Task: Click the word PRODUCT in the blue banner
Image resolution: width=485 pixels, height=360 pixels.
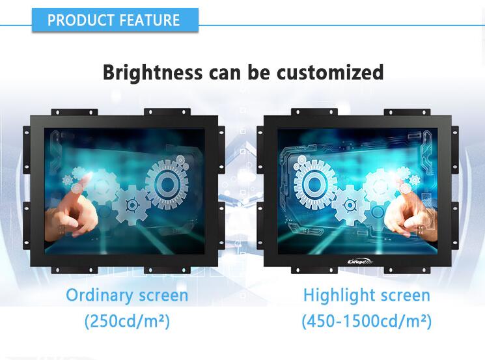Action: point(81,20)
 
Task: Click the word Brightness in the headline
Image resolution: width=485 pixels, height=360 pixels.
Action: point(152,73)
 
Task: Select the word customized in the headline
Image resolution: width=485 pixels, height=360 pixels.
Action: point(330,72)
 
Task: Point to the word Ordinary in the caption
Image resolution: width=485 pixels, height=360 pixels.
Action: point(100,295)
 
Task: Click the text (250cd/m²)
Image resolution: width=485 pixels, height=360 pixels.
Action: point(127,321)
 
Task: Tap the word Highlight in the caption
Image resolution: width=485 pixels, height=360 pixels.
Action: point(339,296)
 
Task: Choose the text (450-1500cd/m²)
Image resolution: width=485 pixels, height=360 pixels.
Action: point(367,321)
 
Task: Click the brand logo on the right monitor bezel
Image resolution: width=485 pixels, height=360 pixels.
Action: point(361,262)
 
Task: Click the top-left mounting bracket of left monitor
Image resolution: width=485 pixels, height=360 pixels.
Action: point(74,112)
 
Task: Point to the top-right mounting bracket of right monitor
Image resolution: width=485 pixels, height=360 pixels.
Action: point(407,112)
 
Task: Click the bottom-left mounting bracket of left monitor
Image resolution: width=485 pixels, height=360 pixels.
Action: point(74,270)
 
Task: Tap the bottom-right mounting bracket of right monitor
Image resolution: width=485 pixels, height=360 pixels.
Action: point(407,270)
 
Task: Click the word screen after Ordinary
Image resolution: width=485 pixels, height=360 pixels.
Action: point(163,296)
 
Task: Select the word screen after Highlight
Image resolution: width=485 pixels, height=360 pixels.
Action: point(405,296)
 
